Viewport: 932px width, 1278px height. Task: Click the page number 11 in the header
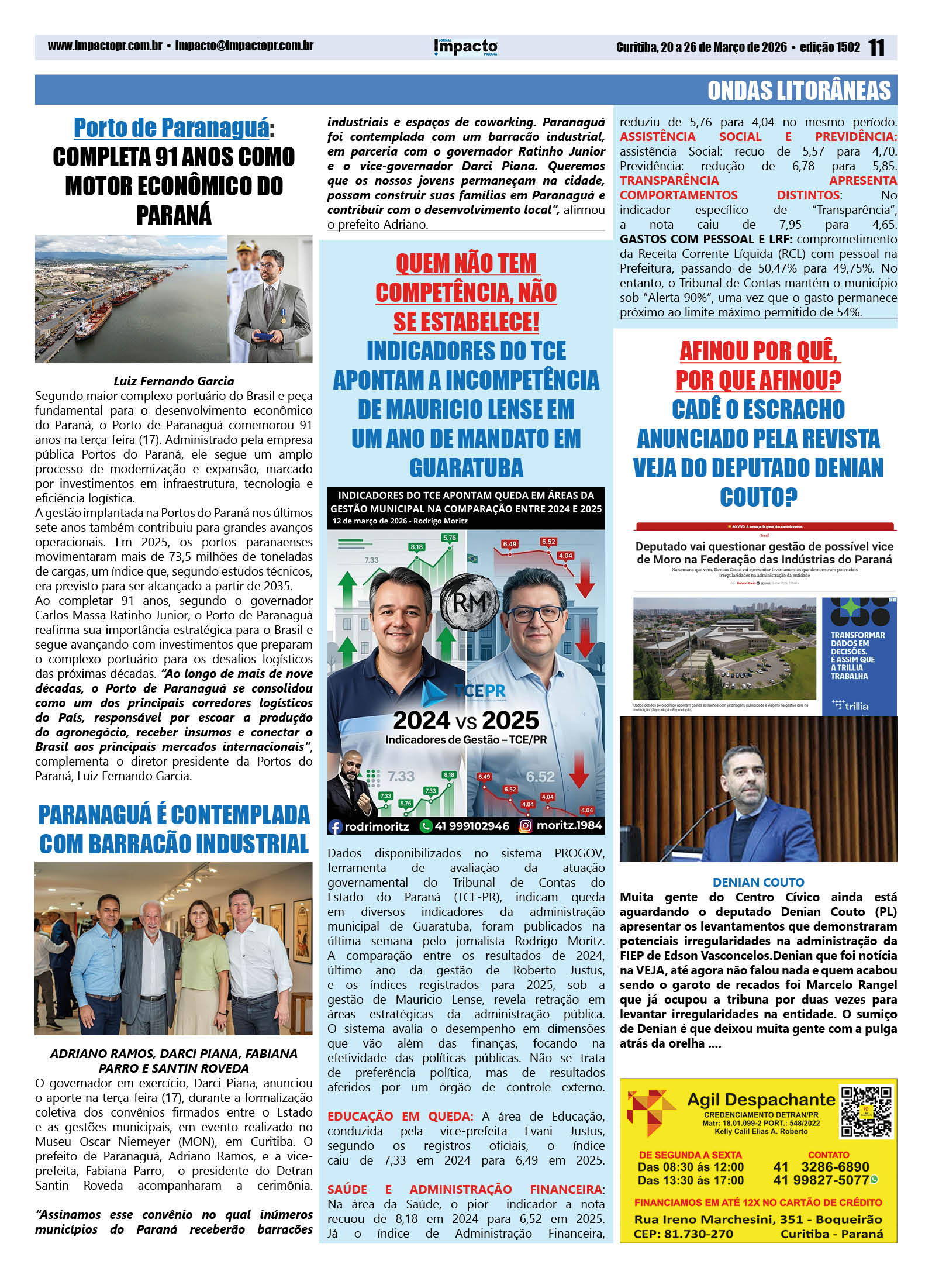click(876, 47)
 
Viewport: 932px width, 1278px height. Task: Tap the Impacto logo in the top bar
click(466, 47)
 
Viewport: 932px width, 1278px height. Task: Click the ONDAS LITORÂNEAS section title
click(799, 91)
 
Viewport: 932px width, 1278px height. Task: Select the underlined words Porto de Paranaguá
click(171, 128)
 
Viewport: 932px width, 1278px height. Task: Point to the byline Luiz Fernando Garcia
click(174, 381)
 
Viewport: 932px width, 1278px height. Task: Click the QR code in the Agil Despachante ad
click(867, 1111)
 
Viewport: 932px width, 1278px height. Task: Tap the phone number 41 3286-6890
click(821, 1167)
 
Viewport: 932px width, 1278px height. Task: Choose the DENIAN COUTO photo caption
click(758, 882)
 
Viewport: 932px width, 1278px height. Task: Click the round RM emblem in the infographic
click(469, 603)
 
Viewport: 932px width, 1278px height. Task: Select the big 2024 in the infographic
click(422, 720)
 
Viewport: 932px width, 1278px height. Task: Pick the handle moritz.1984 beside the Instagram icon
click(569, 826)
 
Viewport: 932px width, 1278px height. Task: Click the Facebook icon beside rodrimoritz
click(336, 826)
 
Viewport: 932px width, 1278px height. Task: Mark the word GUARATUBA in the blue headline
click(466, 468)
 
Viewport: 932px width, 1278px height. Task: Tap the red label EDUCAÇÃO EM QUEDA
click(400, 1116)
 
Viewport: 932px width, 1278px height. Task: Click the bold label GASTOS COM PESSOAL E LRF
click(706, 239)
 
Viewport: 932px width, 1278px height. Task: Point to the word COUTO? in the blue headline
click(758, 497)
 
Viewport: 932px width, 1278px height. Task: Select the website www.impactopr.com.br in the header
click(105, 46)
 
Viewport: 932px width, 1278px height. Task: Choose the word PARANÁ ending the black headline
click(174, 215)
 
